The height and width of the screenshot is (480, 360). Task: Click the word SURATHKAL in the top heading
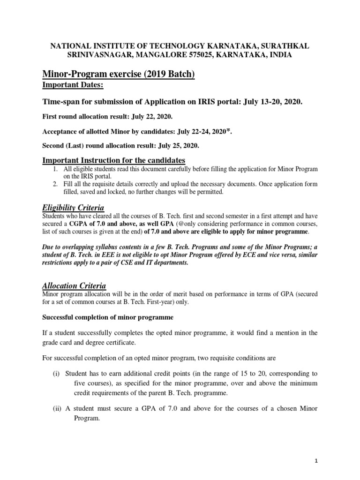283,46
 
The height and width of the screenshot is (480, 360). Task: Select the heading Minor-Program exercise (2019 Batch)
119,74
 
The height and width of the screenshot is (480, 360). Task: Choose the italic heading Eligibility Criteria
73,207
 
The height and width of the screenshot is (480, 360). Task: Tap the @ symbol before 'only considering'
180,224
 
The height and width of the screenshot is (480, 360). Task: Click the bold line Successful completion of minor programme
108,317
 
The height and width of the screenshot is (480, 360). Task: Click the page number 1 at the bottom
316,461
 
